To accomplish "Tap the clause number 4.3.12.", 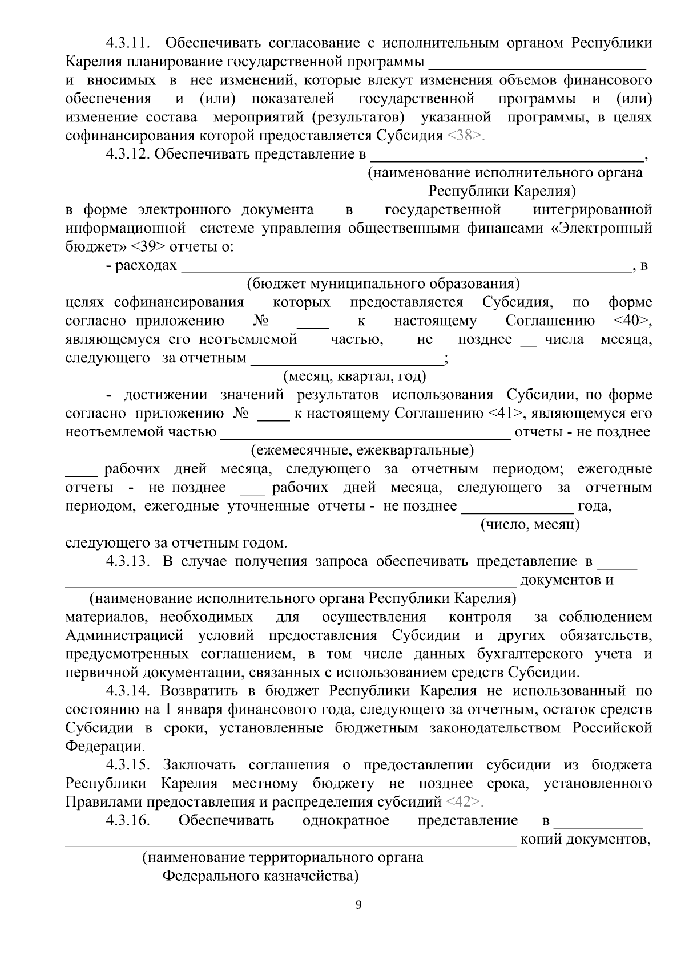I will coord(127,154).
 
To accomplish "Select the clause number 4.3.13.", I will coord(127,561).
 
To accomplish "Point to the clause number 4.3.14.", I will coord(127,691).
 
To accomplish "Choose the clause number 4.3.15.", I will coord(127,765).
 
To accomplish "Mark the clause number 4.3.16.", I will coord(127,821).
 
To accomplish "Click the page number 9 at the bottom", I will coord(358,905).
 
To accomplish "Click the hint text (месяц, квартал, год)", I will coord(354,376).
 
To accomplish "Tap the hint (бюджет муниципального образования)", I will coord(382,284).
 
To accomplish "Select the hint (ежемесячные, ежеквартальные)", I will coord(362,451).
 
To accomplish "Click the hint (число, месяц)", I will coord(530,524).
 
